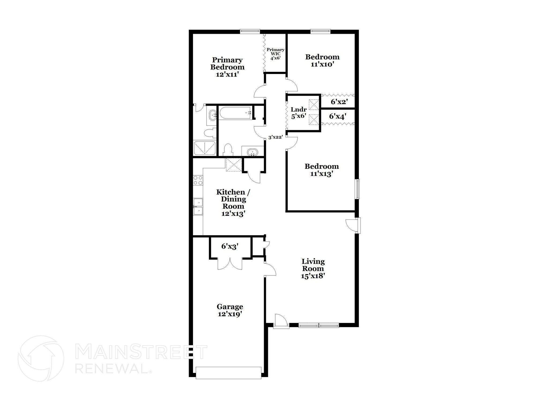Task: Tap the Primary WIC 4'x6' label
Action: pos(275,54)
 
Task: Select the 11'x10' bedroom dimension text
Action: pos(322,65)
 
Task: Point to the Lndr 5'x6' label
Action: pos(299,113)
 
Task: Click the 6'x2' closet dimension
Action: pos(339,102)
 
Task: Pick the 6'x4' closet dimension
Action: pos(337,116)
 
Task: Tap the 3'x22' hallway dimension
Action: pos(276,137)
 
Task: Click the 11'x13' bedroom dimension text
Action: pos(322,174)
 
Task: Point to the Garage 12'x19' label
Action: pos(230,310)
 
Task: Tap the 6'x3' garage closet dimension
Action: pos(230,247)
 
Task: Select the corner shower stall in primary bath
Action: pos(205,148)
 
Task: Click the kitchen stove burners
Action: pos(198,180)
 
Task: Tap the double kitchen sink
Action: pos(198,207)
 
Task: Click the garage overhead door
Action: pos(228,373)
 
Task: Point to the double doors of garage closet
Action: pos(230,264)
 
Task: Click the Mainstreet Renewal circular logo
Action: pos(41,358)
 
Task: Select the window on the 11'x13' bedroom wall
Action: pos(357,189)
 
